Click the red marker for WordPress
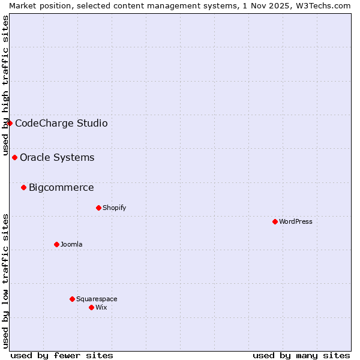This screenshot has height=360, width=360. (275, 221)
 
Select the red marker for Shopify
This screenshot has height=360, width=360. (98, 208)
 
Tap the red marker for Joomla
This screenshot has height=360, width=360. (56, 244)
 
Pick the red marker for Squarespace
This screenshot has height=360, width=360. (72, 299)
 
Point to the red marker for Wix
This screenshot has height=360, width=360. (91, 307)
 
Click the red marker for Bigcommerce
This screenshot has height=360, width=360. (23, 187)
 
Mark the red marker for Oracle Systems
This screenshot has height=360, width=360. (14, 157)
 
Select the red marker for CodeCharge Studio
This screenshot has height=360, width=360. (10, 123)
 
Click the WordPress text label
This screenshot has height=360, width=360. (296, 221)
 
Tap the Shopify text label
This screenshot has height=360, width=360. (114, 208)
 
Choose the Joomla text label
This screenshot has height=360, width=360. (71, 244)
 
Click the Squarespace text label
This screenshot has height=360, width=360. (97, 299)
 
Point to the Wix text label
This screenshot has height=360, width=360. (101, 307)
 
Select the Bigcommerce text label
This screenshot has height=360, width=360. (61, 187)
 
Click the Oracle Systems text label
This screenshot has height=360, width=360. (57, 157)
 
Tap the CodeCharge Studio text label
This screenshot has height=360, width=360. (61, 123)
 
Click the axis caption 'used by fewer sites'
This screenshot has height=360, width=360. (62, 355)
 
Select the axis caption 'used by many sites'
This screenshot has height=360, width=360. (301, 355)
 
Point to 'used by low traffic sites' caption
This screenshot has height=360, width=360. (6, 281)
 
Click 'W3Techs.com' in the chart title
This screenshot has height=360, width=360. (325, 5)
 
